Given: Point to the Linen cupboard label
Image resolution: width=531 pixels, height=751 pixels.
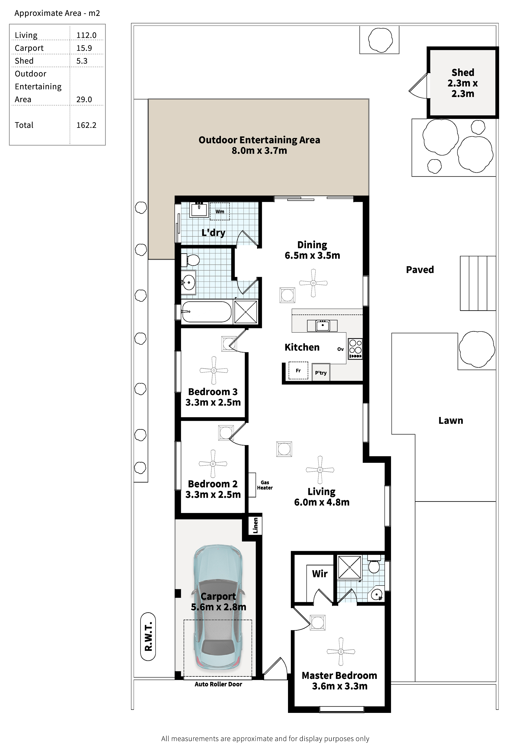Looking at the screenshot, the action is tap(255, 526).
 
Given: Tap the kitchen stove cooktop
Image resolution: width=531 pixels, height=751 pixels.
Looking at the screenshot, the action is tap(355, 349).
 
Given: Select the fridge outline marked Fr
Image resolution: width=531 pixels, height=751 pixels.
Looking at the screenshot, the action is tap(298, 371).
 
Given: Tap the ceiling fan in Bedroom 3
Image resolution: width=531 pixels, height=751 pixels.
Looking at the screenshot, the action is tap(214, 370).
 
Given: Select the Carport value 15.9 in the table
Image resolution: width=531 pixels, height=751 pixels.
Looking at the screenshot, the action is tap(84, 48).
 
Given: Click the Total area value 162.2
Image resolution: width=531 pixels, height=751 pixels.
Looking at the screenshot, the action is tap(86, 125).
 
